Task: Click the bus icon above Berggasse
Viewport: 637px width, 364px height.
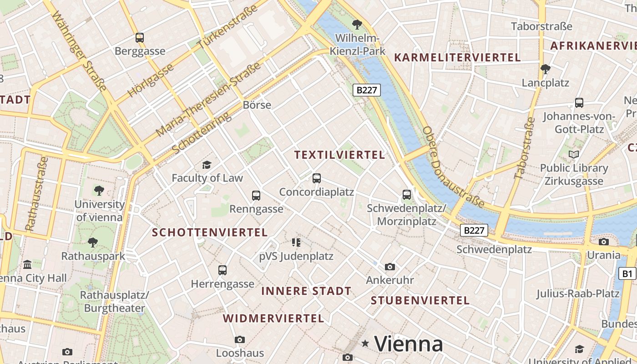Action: point(140,38)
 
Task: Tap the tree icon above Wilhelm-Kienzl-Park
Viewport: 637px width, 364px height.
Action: point(358,24)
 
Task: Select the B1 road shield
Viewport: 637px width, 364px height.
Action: point(627,273)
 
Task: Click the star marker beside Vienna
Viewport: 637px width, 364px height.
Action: point(365,344)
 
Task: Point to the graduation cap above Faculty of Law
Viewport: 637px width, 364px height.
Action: point(207,165)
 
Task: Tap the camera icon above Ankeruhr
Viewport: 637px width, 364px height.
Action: point(390,267)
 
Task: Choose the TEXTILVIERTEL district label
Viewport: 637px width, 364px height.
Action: point(339,155)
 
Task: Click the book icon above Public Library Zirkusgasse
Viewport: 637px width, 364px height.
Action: point(574,155)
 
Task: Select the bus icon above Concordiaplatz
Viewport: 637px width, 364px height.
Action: point(317,178)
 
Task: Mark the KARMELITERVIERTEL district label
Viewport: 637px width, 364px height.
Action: point(457,57)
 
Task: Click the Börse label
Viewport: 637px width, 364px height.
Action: point(257,105)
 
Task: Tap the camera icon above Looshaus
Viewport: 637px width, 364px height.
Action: point(240,339)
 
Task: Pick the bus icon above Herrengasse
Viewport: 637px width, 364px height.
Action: point(222,270)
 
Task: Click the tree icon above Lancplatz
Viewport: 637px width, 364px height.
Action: point(545,69)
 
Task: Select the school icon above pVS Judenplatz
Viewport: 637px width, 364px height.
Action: point(296,243)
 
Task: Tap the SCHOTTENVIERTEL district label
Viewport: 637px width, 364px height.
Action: point(210,233)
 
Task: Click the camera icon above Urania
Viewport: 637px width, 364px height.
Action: point(604,242)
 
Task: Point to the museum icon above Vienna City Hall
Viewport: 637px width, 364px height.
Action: point(27,264)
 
